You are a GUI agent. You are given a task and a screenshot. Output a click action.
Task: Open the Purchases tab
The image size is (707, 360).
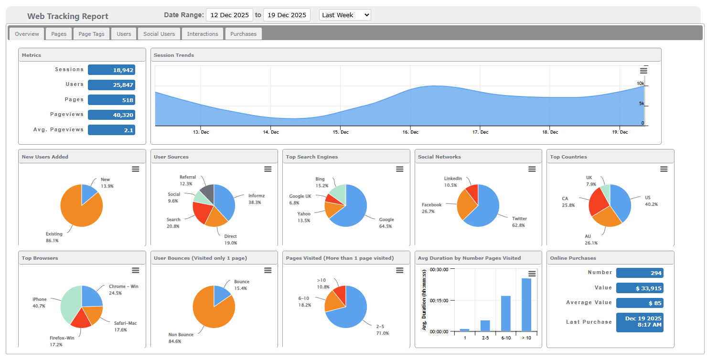point(243,34)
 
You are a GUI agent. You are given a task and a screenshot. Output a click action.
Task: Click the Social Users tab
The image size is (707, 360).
point(159,34)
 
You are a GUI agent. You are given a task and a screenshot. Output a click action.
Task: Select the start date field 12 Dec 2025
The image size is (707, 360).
point(229,15)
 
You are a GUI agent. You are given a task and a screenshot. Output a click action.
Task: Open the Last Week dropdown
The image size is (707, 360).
point(344,15)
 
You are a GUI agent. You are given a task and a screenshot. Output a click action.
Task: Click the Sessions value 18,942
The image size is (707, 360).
point(111,70)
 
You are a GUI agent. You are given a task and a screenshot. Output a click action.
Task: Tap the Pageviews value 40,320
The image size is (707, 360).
point(111,115)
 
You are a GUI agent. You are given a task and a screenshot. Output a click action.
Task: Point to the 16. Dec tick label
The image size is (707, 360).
point(410,132)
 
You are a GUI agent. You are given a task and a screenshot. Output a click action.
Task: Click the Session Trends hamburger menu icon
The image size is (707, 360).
point(643,71)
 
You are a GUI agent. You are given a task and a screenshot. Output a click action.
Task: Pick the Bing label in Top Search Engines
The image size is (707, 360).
point(320,179)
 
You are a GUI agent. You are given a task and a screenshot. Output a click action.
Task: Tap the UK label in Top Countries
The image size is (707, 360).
point(589,178)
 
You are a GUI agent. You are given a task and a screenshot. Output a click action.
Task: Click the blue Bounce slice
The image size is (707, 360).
point(221,295)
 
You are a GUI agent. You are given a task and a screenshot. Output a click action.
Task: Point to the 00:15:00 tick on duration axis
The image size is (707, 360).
point(439,300)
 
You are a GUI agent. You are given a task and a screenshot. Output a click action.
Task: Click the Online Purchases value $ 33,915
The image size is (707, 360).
point(639,288)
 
